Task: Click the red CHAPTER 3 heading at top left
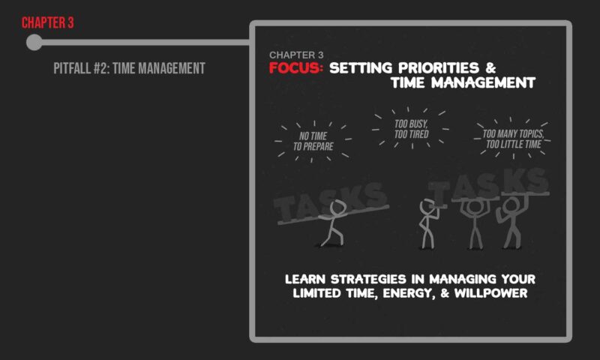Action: click(x=47, y=23)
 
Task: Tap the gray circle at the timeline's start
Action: click(x=34, y=42)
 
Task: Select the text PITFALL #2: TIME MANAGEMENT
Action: click(x=129, y=68)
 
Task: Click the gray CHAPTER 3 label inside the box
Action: click(x=296, y=55)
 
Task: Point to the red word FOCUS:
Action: click(x=295, y=67)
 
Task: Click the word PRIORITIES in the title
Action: click(x=439, y=67)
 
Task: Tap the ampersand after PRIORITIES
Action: click(x=490, y=67)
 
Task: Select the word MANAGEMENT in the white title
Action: click(x=483, y=82)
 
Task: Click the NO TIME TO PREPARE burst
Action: click(x=313, y=141)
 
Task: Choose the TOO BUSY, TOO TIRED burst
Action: click(x=411, y=129)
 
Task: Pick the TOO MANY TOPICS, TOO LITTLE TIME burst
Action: click(x=513, y=139)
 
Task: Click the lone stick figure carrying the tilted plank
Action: click(x=332, y=223)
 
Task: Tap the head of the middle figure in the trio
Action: click(x=475, y=207)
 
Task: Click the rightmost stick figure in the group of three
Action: click(x=512, y=222)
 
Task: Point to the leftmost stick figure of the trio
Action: click(x=428, y=223)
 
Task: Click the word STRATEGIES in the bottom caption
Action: click(x=367, y=279)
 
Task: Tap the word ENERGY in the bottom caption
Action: click(x=409, y=293)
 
